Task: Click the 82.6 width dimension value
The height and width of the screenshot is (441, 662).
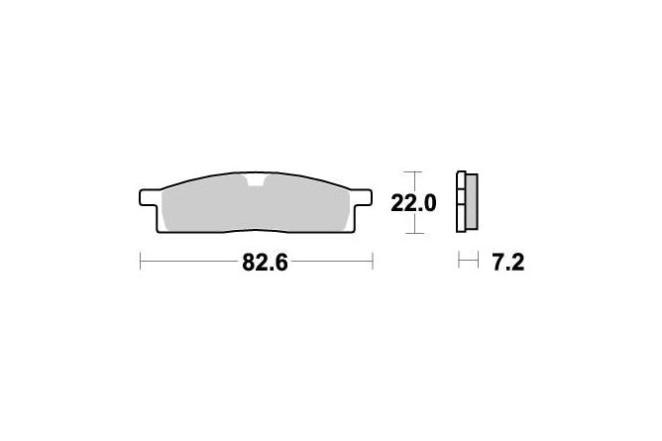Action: click(x=265, y=263)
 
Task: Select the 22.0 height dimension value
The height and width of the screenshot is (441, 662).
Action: click(x=413, y=204)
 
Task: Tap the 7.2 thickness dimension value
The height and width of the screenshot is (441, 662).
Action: click(x=508, y=263)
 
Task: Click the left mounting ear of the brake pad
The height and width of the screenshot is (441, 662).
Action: click(x=149, y=197)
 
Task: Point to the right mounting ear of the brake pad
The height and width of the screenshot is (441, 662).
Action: click(x=363, y=197)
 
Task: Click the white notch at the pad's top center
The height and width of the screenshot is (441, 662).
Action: click(x=256, y=180)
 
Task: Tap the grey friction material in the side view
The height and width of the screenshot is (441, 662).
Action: click(x=471, y=202)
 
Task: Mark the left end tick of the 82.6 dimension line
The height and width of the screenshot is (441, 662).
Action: click(x=140, y=261)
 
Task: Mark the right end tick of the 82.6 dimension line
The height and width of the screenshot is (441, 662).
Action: click(x=373, y=261)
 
